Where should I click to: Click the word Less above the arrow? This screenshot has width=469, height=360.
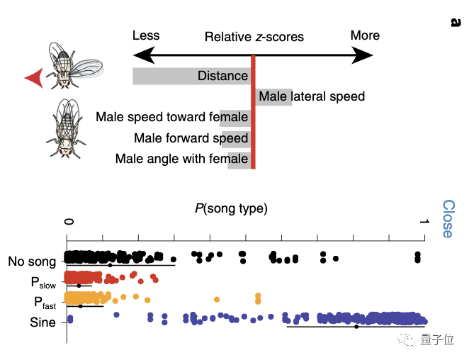point(146,35)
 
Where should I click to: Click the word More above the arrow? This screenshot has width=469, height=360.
point(365,35)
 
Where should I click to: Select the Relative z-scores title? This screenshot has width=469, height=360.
point(254,37)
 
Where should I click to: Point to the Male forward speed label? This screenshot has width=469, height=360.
point(191,138)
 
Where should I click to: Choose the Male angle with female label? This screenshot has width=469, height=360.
point(181,159)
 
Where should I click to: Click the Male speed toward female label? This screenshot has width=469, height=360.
point(172,117)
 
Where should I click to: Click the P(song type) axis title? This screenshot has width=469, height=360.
point(231,208)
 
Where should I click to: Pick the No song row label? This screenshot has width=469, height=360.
point(32,261)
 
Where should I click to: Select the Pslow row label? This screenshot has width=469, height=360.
point(43,282)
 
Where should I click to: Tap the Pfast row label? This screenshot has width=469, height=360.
point(43,302)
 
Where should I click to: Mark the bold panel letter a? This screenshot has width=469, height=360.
point(454,22)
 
